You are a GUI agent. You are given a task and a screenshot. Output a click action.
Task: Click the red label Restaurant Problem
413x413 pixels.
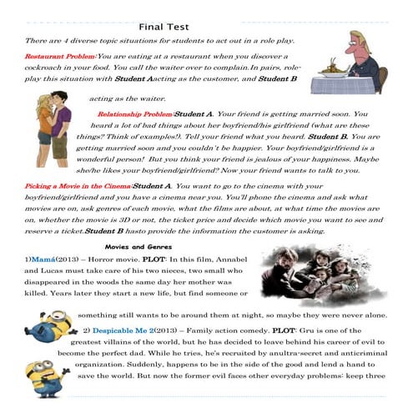(59, 55)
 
